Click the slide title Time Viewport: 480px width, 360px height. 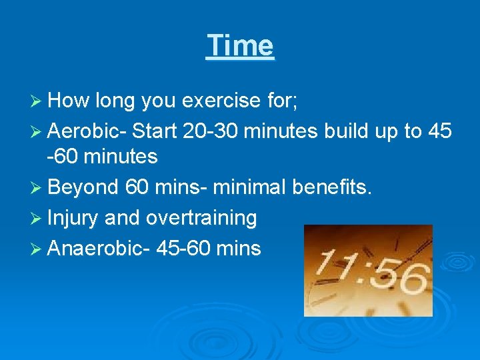[x=240, y=45]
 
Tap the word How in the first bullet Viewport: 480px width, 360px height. [x=69, y=101]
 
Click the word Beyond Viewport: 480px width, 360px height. [x=83, y=187]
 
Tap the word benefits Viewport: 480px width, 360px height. [x=334, y=187]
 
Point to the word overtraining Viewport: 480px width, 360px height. [x=201, y=217]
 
